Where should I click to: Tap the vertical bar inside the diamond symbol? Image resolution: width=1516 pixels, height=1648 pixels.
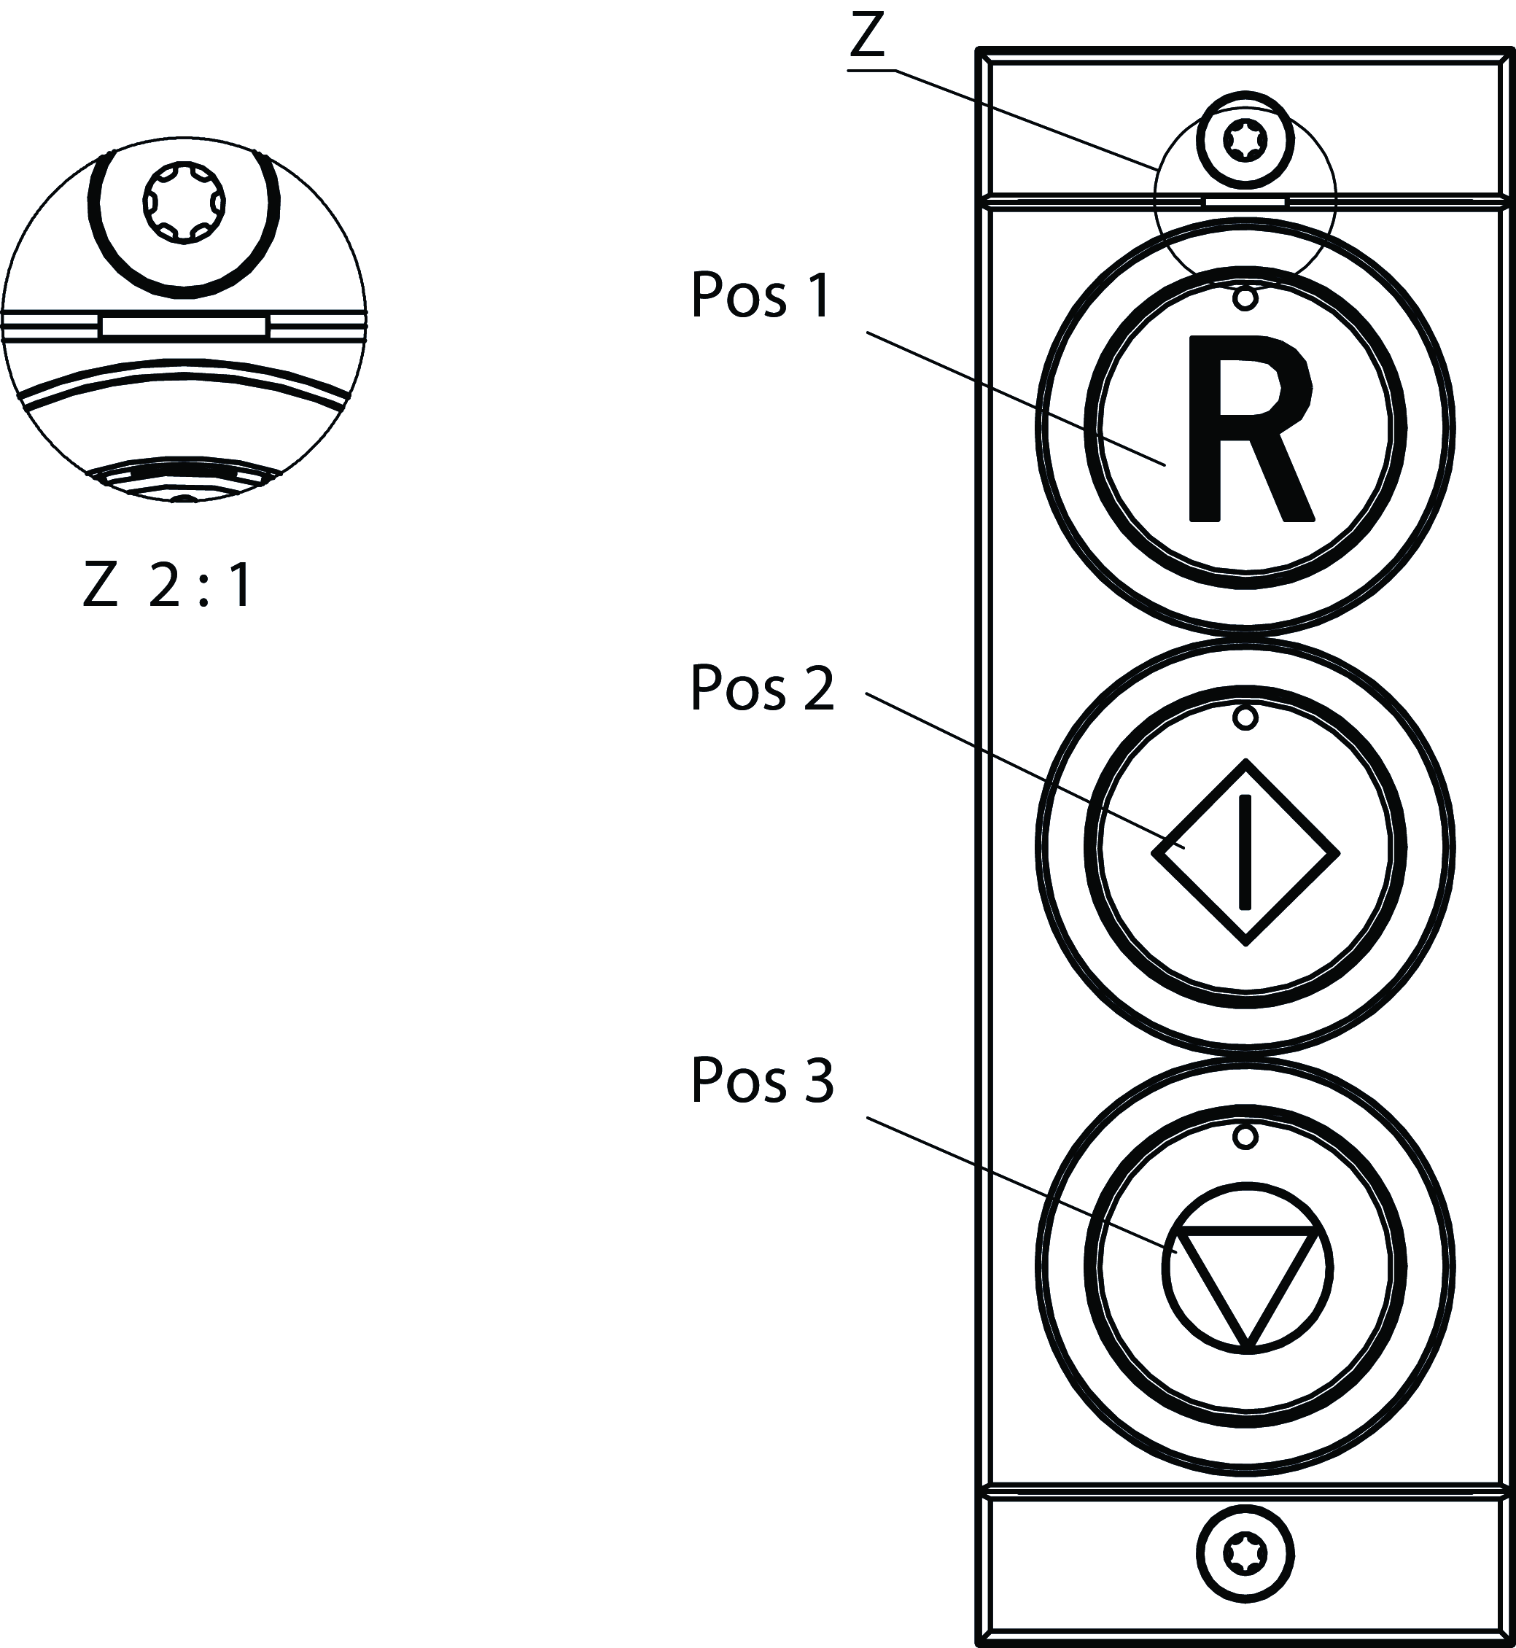tap(1245, 852)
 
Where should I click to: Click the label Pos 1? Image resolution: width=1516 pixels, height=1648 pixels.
tap(761, 295)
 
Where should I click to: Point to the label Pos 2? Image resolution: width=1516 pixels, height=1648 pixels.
tap(761, 688)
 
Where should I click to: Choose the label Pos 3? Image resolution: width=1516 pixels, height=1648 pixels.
tap(761, 1081)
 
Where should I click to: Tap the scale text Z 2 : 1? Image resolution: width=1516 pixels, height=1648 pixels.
tap(168, 586)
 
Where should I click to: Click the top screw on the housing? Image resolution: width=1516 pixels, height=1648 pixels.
tap(1245, 139)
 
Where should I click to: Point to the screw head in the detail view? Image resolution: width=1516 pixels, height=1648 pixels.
tap(184, 202)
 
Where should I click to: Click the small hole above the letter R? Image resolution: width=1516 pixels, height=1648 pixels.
tap(1245, 298)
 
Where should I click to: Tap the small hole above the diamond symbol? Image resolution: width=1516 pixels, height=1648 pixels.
tap(1245, 718)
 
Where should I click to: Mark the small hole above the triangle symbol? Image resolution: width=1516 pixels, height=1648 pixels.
tap(1245, 1137)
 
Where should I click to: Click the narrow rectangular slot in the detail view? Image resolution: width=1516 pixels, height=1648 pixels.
tap(184, 326)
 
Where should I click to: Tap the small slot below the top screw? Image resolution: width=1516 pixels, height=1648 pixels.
tap(1245, 200)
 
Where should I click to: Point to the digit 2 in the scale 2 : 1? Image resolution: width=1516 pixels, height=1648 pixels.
tap(164, 586)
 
